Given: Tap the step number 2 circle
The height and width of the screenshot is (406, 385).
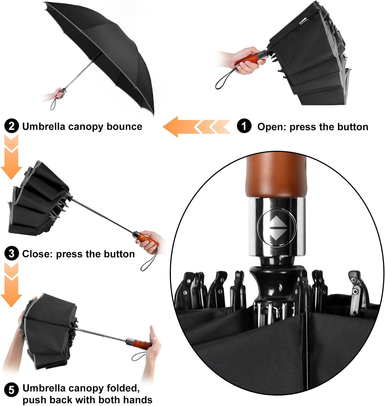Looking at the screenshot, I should tap(12, 126).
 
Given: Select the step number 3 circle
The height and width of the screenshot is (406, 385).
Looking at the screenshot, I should tap(12, 254).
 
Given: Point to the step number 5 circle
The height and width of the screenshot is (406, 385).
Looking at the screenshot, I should tap(12, 390).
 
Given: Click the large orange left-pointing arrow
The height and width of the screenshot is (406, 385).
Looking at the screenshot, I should tap(178, 127).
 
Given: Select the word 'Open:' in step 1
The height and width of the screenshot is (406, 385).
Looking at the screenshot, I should tap(272, 127).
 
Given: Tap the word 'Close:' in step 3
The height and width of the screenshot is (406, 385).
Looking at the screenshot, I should tap(37, 254).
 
